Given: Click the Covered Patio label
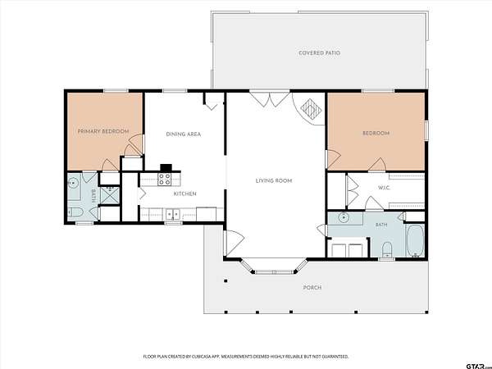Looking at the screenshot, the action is [320, 53].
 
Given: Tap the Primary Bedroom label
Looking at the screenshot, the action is [103, 131].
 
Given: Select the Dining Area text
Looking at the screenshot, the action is [183, 134].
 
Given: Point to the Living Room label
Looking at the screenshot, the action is [274, 180].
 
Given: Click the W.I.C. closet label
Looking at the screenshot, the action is [384, 188].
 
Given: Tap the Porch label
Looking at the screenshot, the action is [312, 288].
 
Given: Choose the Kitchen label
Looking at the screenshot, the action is [185, 194].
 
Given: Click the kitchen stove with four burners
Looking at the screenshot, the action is [165, 180].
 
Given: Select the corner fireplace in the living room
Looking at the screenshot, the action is [311, 109].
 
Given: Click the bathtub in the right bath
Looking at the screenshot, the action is [415, 240].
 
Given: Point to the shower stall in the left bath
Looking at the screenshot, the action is [110, 195].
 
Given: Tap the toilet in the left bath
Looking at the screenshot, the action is [75, 213].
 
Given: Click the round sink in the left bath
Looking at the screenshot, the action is [73, 182].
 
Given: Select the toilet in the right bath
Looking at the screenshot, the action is [387, 248].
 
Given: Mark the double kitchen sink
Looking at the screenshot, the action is [173, 214].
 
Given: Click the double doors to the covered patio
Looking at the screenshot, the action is [270, 98].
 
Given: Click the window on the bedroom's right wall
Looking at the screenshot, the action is [426, 130].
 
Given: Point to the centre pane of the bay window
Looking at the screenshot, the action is [274, 271].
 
